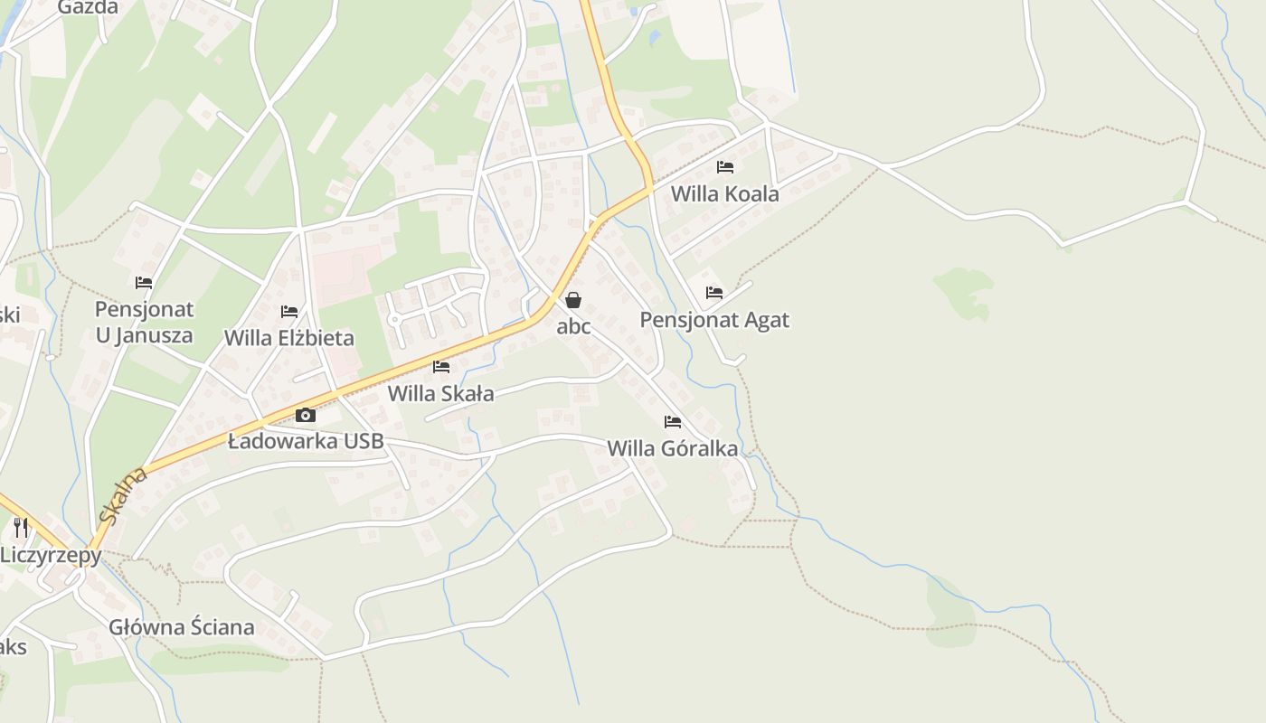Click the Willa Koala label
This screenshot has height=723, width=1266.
coord(724,194)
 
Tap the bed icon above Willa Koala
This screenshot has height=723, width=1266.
coord(724,167)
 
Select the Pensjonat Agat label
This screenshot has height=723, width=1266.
coord(714,320)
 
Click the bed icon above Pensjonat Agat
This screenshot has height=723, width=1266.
coord(714,293)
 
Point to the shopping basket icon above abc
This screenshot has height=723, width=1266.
coord(573,300)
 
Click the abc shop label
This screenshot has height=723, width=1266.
coord(573,326)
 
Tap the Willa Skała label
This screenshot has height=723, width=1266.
coord(441,394)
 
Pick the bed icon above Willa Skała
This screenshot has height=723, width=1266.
coord(441,367)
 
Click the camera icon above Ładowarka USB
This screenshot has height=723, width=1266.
coord(306,415)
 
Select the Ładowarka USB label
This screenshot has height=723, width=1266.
coord(306,442)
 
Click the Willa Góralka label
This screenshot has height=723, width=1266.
coord(672,448)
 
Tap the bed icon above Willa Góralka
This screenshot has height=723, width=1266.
coord(672,422)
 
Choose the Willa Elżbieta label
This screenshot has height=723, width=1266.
coord(289,338)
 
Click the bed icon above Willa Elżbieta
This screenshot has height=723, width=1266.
coord(289,312)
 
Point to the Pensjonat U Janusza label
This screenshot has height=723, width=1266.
coord(145,322)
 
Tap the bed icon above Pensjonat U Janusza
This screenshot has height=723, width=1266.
coord(144,283)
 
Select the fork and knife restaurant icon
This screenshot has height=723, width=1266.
coord(21,527)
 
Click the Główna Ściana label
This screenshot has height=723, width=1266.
coord(182,627)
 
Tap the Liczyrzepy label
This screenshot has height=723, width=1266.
coord(51,555)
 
